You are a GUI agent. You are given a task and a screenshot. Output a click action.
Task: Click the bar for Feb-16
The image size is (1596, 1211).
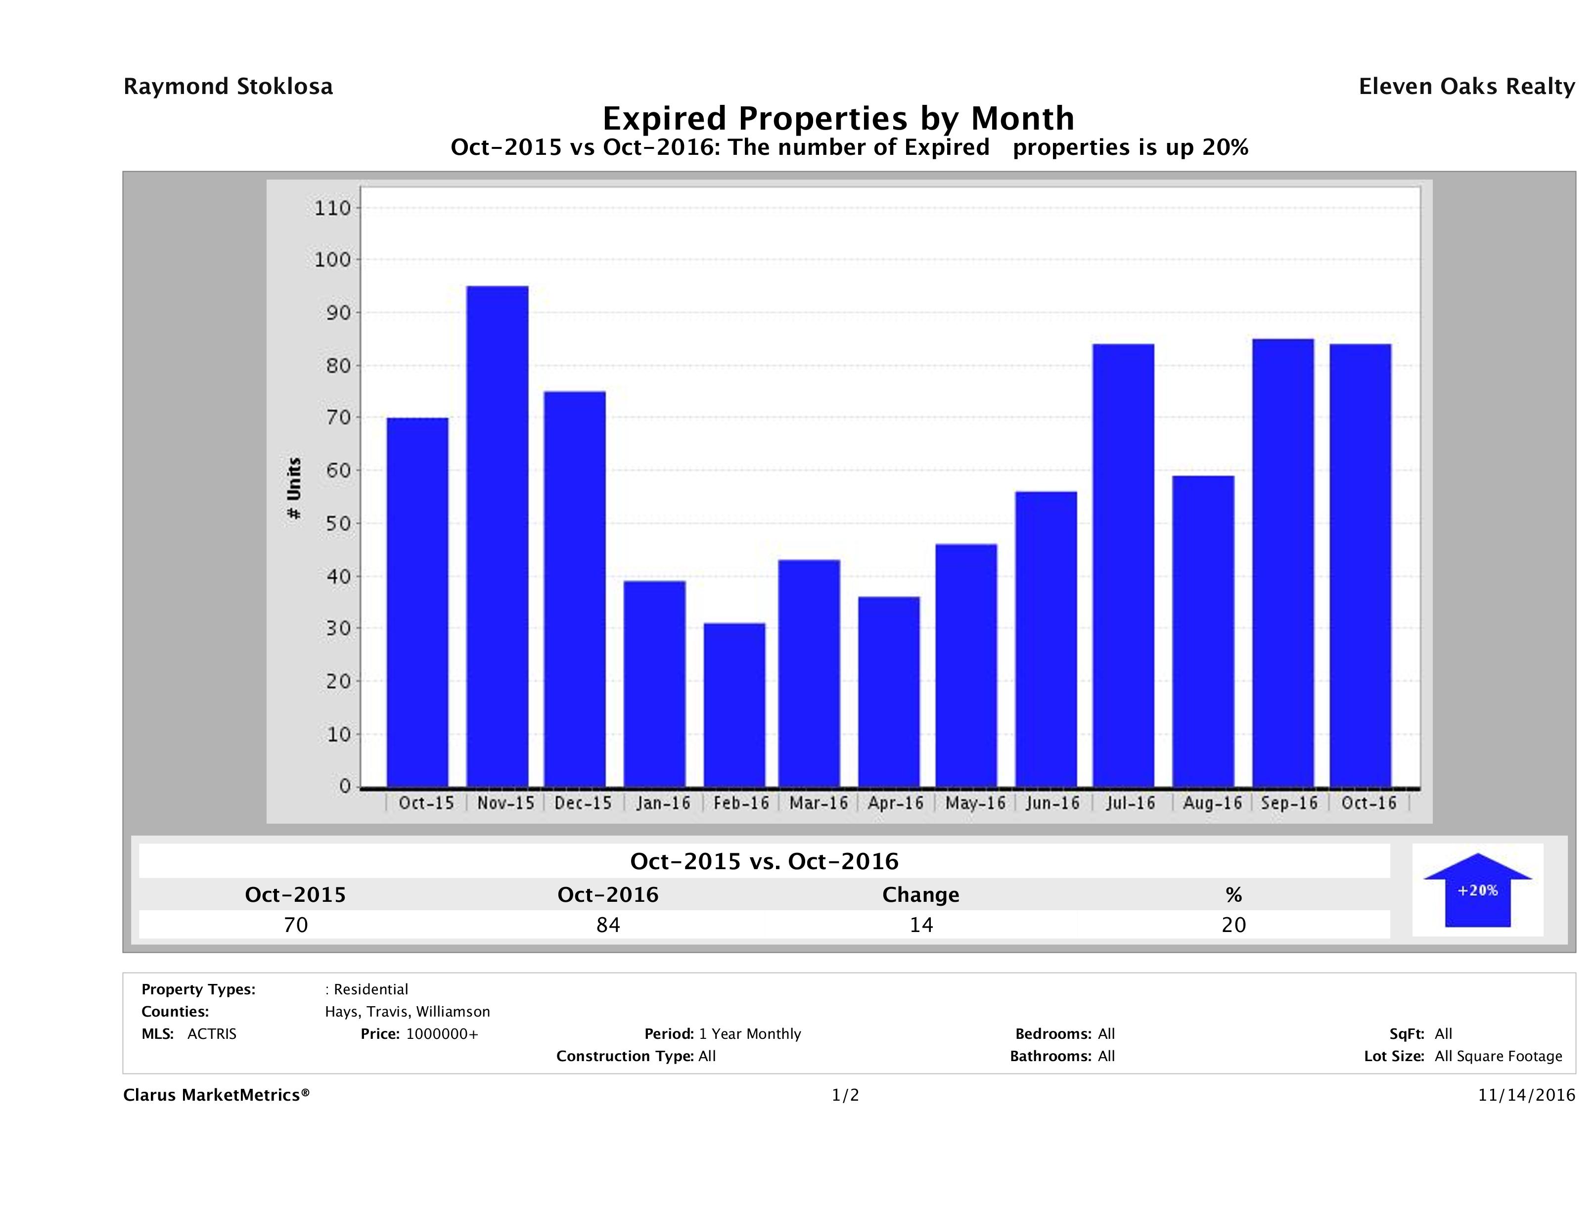tap(734, 704)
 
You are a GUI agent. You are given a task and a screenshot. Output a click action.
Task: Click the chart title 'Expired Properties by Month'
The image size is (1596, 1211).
tap(838, 118)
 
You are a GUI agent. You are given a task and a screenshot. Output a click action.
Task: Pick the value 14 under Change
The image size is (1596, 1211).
tap(921, 925)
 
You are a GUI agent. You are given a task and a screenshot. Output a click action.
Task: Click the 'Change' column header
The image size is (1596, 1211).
tap(921, 895)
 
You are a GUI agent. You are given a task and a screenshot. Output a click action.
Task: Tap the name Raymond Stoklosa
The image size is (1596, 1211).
tap(228, 87)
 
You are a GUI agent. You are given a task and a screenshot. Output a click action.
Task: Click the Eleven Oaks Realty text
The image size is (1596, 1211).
tap(1466, 87)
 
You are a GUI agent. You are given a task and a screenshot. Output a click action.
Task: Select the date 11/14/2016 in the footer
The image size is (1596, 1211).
tap(1526, 1095)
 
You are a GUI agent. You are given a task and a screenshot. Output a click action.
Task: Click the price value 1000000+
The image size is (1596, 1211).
tap(442, 1033)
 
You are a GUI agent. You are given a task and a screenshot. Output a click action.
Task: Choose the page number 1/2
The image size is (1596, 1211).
tap(845, 1095)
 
